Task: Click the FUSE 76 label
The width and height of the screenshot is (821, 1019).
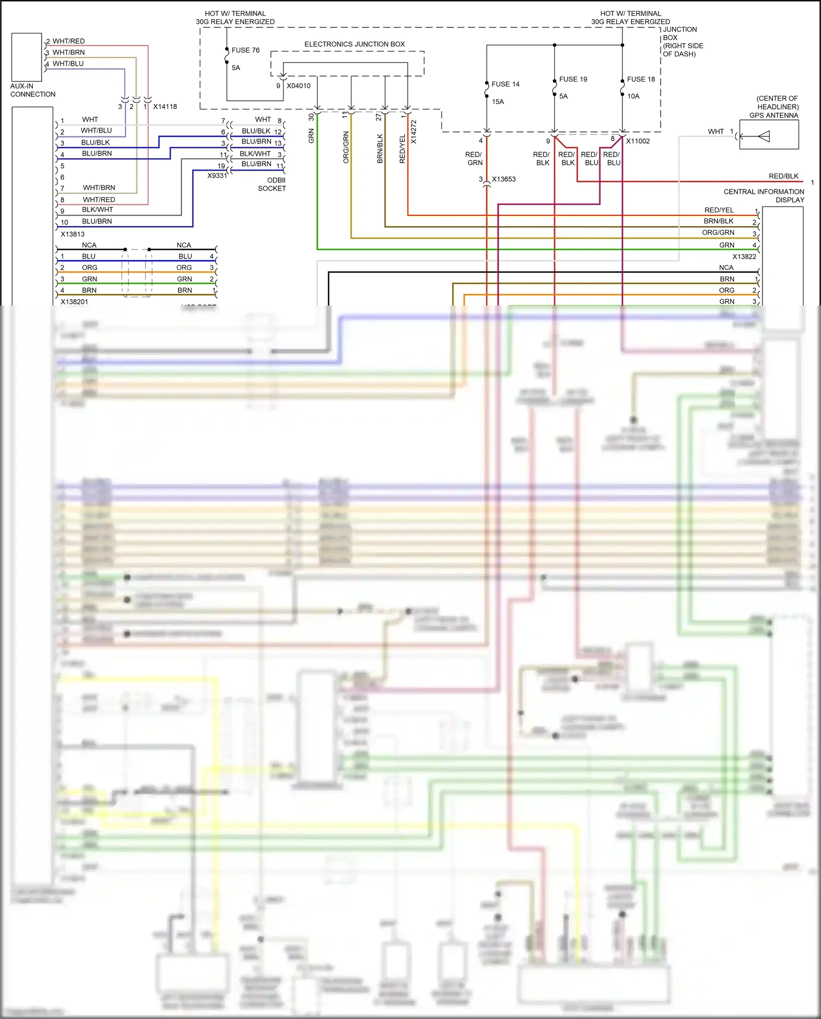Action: pos(245,50)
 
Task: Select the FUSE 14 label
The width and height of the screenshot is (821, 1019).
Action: pos(505,84)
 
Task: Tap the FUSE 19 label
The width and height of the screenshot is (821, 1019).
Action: pos(573,79)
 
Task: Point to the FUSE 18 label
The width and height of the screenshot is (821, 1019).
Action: pos(641,79)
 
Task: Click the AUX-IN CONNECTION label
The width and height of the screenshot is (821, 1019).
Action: pos(33,90)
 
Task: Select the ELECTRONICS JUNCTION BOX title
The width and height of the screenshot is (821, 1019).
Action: pos(355,44)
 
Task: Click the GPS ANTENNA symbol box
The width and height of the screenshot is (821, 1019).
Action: pos(769,135)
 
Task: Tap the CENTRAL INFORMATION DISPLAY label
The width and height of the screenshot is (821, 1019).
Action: pos(764,195)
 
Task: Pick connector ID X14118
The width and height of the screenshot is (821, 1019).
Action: pos(165,107)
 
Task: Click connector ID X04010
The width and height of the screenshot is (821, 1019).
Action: pos(298,86)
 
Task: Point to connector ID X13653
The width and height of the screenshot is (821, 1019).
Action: pos(504,179)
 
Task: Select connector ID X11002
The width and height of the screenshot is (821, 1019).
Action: pos(638,141)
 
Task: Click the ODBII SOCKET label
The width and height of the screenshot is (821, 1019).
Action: pos(273,184)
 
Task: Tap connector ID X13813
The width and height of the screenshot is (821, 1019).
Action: pos(72,234)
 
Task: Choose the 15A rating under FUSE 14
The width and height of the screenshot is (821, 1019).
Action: pos(498,102)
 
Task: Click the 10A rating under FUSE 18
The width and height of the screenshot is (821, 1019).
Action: pos(633,96)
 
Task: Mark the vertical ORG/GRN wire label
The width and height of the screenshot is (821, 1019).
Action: pos(346,147)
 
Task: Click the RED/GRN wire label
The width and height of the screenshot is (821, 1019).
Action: pos(474,159)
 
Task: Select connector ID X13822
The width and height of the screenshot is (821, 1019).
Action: pos(744,256)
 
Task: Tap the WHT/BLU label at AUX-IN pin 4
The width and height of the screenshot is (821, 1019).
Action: pos(68,64)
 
